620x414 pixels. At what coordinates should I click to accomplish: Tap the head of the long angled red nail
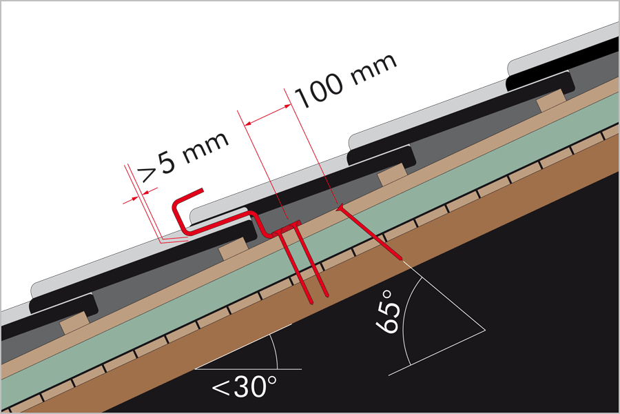(x=339, y=207)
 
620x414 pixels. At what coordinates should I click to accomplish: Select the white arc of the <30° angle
(x=275, y=353)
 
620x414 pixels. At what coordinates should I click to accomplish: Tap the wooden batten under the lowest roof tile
(x=74, y=321)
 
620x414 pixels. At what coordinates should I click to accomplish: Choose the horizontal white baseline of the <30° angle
(x=248, y=369)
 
